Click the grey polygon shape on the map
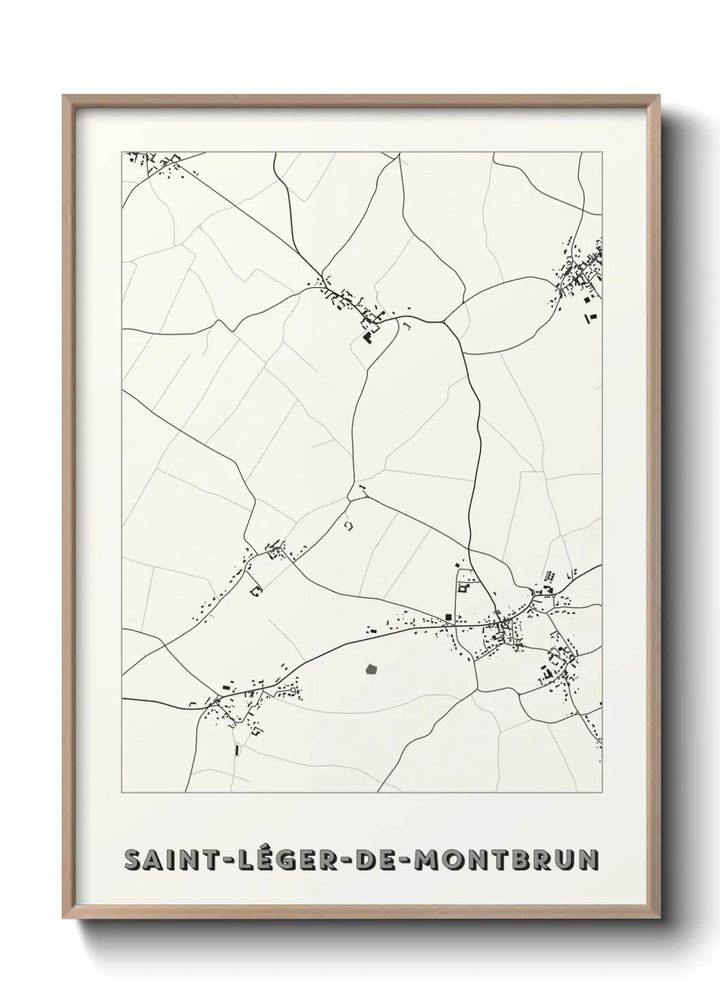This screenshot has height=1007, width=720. click(x=371, y=670)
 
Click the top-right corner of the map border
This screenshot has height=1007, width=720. click(x=602, y=152)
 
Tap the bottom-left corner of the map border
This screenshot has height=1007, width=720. click(x=122, y=793)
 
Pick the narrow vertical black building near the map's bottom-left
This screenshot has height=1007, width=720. click(x=235, y=750)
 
